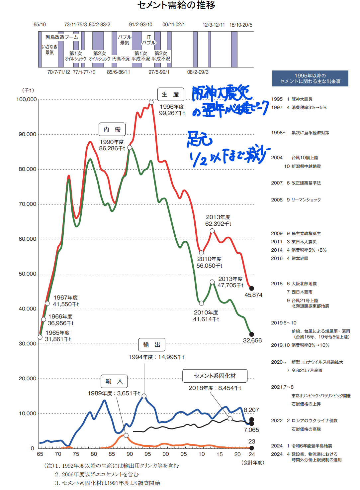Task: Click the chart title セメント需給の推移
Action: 176,5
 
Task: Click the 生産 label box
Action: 170,94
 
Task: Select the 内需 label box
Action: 112,129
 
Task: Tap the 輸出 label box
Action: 151,345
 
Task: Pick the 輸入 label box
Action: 114,381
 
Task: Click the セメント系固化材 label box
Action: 215,376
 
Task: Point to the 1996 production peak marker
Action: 151,102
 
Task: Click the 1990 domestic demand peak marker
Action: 130,148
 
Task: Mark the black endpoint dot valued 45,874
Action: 251,288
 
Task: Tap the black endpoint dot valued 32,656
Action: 251,334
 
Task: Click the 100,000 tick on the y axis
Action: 27,99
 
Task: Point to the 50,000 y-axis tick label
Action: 27,274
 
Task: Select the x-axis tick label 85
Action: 112,454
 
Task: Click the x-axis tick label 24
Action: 252,454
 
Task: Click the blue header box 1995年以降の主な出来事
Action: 310,78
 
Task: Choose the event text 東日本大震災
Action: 304,242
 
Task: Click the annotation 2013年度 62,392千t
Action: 218,220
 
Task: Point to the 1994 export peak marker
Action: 144,396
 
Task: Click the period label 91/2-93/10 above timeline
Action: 140,25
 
